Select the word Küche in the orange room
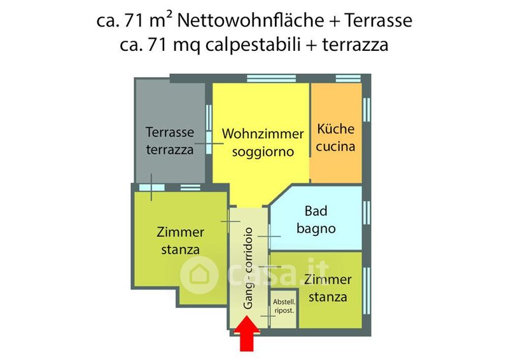335,128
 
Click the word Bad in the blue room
316,211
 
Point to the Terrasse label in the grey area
170,133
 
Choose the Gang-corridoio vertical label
249,268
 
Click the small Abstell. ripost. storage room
283,308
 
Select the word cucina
335,146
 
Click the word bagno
316,228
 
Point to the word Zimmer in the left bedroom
180,232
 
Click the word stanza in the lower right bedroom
328,297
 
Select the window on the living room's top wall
263,79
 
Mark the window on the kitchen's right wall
366,108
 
